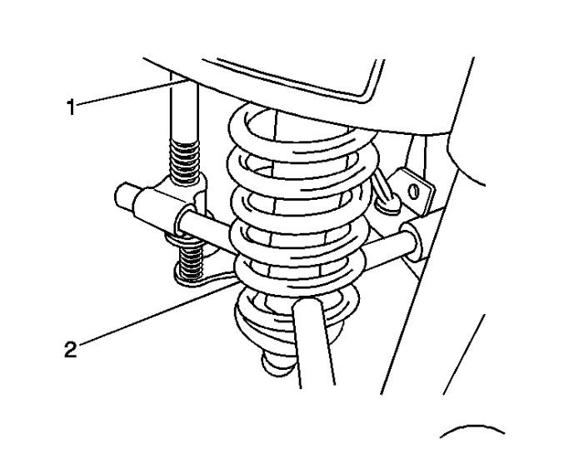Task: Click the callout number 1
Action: (72, 106)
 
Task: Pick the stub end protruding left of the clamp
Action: (126, 197)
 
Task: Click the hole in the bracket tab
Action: (412, 192)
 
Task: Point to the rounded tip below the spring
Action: (276, 362)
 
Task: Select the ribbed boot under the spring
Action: (267, 321)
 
